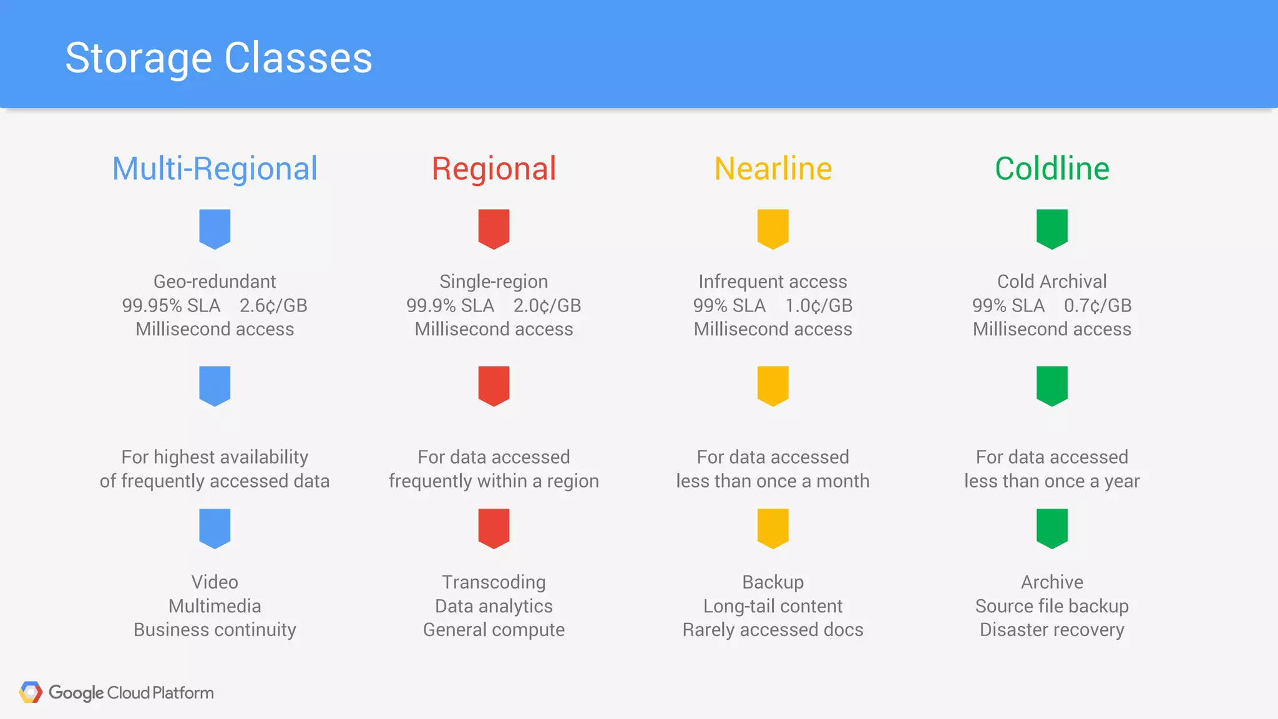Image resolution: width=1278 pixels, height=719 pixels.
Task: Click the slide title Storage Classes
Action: point(218,58)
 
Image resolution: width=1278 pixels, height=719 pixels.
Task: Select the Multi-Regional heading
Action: point(215,169)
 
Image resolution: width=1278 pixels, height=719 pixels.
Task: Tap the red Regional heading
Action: point(494,169)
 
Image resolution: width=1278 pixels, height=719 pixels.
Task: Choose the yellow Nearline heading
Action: point(773,169)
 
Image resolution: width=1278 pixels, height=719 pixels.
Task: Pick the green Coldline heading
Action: point(1052,169)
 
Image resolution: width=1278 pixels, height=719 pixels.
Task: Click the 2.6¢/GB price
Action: point(273,306)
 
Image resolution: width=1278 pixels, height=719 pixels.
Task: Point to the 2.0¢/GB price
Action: point(547,306)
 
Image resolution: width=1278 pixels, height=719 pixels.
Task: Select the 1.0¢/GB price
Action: point(819,306)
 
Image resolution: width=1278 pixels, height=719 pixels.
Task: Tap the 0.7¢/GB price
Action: point(1098,306)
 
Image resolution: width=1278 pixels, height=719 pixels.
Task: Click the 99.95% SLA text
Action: point(171,306)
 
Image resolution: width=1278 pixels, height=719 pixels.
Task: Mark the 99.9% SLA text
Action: point(450,306)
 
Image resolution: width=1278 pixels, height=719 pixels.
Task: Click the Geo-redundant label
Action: point(215,281)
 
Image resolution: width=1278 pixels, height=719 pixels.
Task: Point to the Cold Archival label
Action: point(1052,281)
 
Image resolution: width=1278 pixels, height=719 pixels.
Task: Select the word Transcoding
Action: point(494,582)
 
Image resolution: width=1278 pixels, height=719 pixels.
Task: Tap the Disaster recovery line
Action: point(1052,630)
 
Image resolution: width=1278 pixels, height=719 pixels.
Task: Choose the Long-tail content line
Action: point(773,606)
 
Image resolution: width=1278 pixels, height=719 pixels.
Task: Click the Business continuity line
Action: point(215,630)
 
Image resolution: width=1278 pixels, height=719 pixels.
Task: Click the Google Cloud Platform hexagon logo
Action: point(31,692)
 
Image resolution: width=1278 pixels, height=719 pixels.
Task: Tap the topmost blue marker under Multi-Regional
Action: point(215,228)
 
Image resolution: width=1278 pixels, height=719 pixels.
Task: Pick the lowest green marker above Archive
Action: point(1052,528)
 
